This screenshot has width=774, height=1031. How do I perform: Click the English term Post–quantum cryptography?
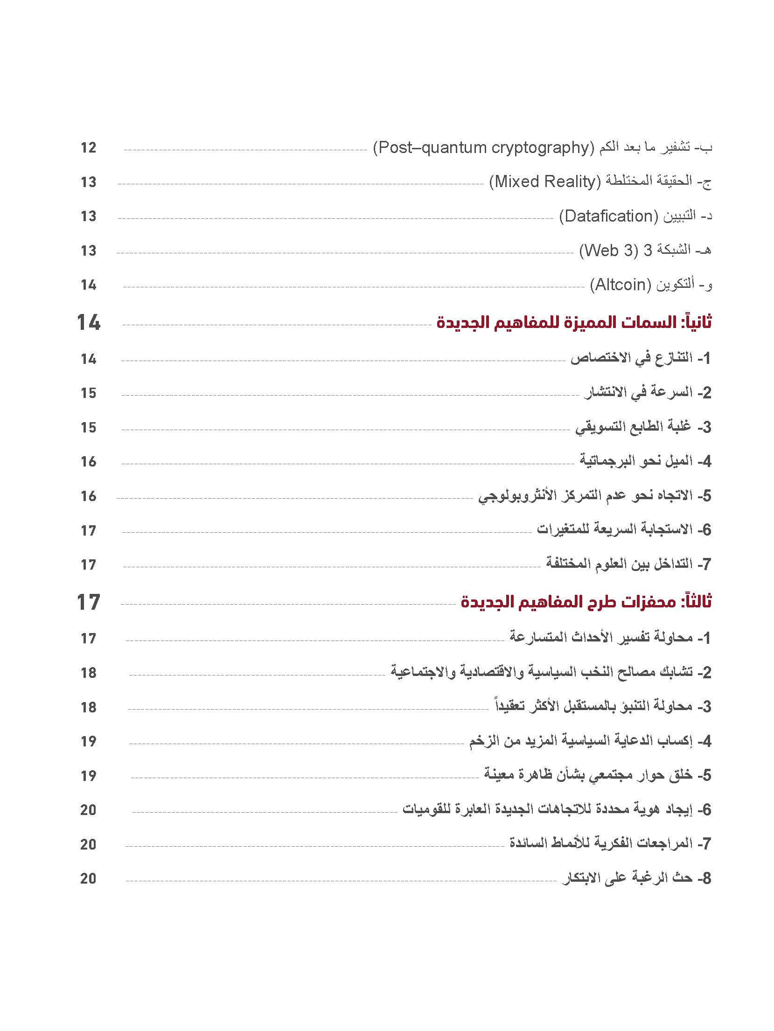483,148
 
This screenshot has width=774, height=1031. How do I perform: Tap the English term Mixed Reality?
545,181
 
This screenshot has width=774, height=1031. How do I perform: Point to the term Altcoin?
621,285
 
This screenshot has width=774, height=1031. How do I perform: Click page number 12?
88,148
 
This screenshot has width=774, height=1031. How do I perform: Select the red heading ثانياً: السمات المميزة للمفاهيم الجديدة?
574,323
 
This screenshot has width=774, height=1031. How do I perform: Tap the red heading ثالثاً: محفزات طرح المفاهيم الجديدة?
586,602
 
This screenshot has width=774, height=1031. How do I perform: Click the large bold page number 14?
88,323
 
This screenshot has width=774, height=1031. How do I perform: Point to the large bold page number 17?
88,602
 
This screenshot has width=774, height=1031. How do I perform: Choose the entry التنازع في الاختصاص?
640,358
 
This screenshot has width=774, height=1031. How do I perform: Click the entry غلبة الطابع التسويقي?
642,427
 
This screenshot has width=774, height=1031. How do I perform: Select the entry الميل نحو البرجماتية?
645,461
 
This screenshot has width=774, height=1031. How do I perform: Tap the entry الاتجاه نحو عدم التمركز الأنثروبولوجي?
594,496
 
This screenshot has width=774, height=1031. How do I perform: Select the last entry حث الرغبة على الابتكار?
636,878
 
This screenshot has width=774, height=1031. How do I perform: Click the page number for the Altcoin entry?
88,285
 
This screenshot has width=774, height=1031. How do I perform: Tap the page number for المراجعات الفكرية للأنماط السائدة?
88,844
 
